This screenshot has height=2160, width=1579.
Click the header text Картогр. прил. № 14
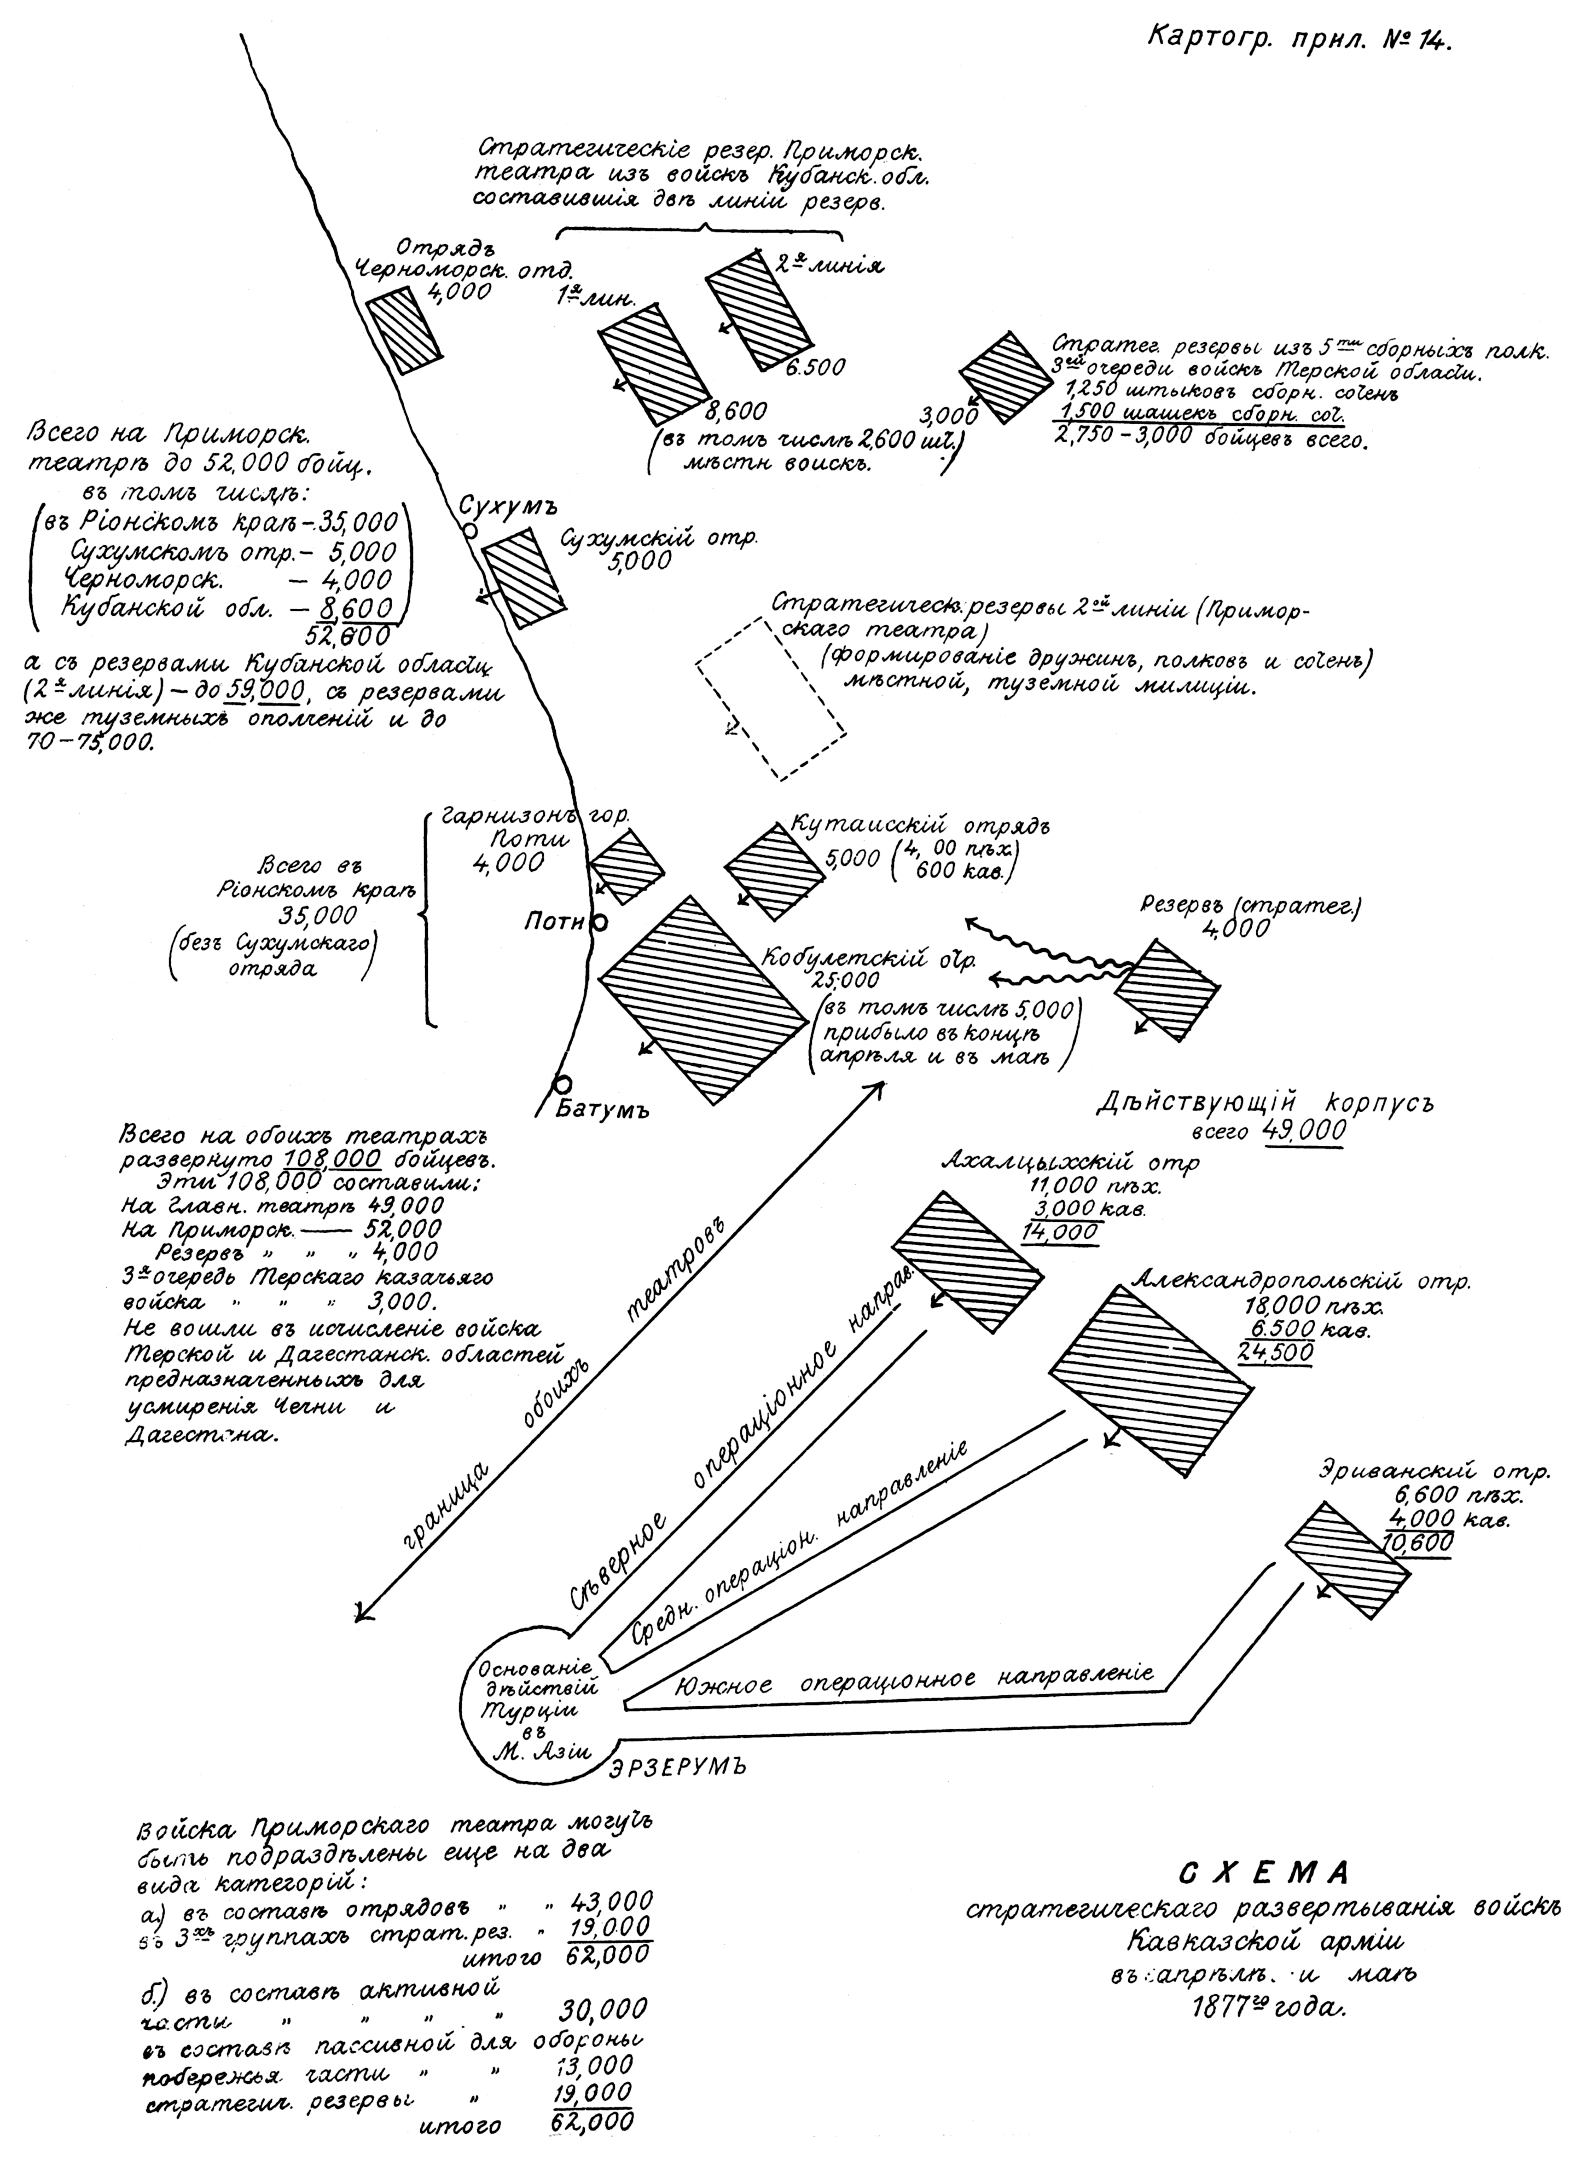pos(1297,40)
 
